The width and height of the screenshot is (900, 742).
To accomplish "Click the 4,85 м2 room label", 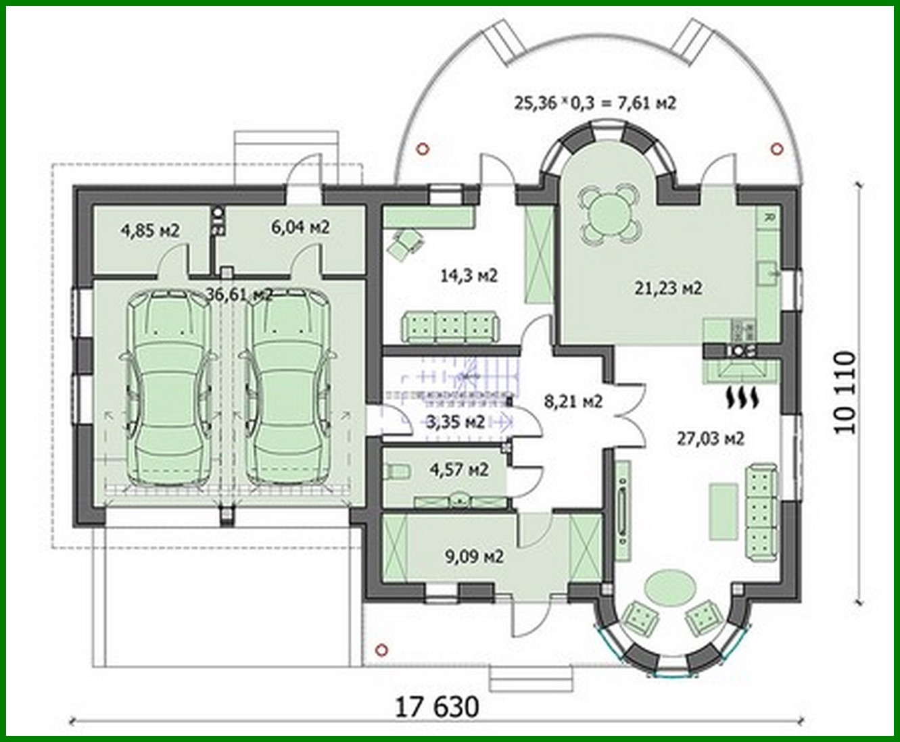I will pyautogui.click(x=150, y=230).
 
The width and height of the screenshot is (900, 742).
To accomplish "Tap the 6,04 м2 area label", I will pyautogui.click(x=300, y=227).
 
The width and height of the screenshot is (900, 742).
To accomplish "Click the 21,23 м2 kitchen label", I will pyautogui.click(x=668, y=288).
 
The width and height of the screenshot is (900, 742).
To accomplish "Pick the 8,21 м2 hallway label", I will pyautogui.click(x=573, y=401).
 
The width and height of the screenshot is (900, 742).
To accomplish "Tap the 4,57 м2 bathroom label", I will pyautogui.click(x=459, y=468).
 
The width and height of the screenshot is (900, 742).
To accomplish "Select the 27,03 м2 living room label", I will pyautogui.click(x=711, y=438).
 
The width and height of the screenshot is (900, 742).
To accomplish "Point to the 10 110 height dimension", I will pyautogui.click(x=845, y=393).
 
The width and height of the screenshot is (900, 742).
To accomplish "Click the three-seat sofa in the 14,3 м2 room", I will pyautogui.click(x=451, y=326).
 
